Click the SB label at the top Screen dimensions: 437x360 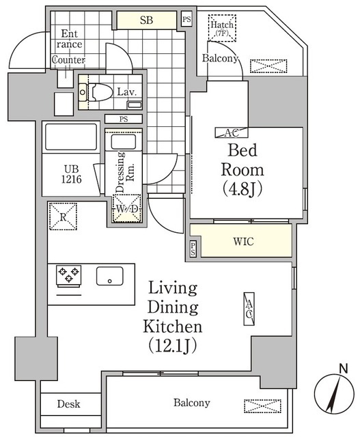[146, 20]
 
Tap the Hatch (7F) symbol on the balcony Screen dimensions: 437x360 [223, 29]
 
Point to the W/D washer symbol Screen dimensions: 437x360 [126, 208]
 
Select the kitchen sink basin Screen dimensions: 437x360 [109, 277]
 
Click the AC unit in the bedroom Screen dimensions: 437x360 [226, 132]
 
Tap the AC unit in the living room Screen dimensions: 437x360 [249, 308]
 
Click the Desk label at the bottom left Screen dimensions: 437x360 [69, 404]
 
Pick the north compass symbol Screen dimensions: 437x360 [335, 394]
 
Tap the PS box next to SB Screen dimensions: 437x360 [186, 19]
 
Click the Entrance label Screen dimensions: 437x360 [71, 39]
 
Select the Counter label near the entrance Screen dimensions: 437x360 [68, 59]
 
